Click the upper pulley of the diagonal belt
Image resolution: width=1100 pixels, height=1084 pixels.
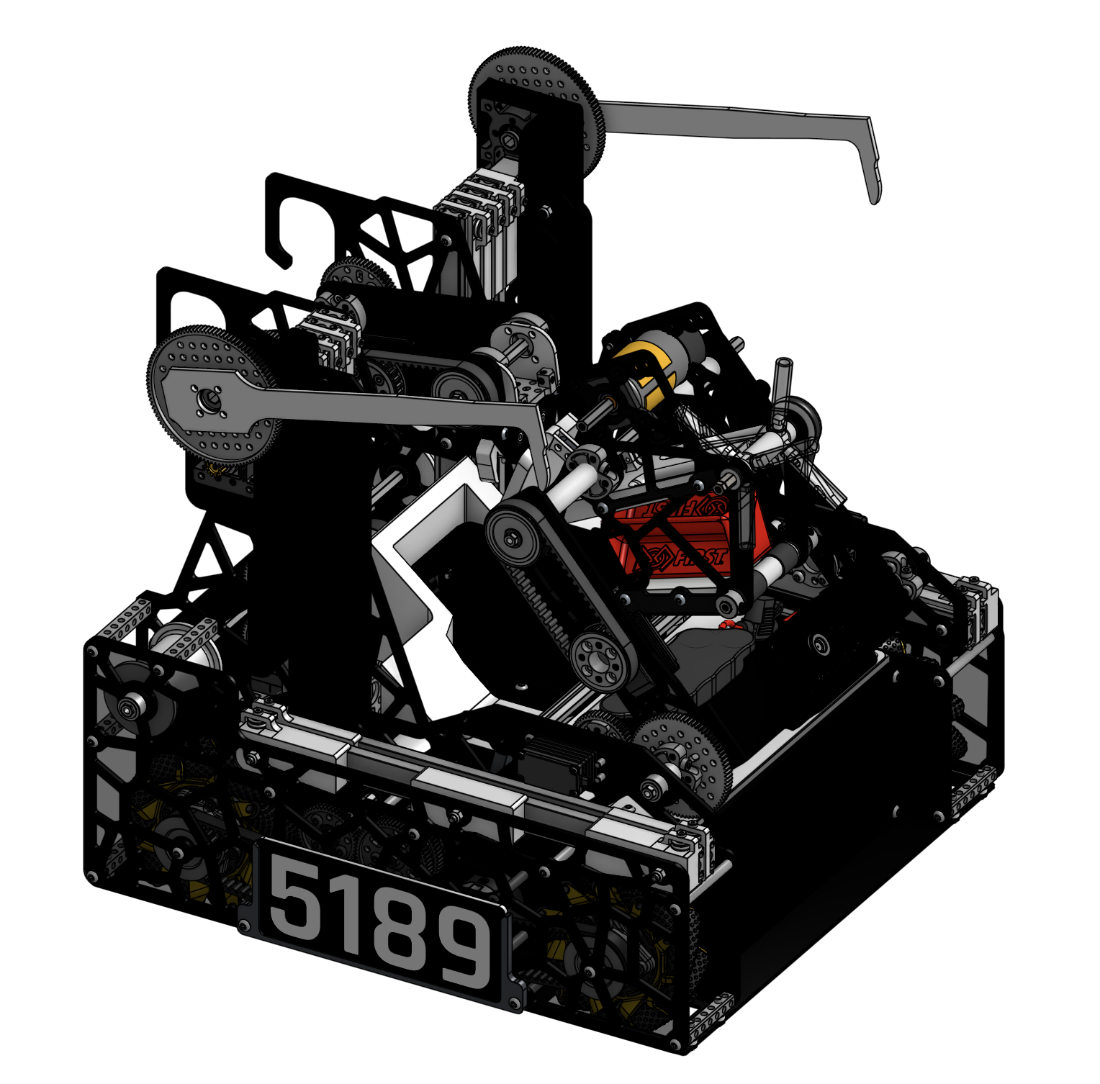(x=513, y=538)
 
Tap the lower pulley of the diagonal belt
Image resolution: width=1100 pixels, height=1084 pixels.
(x=597, y=659)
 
